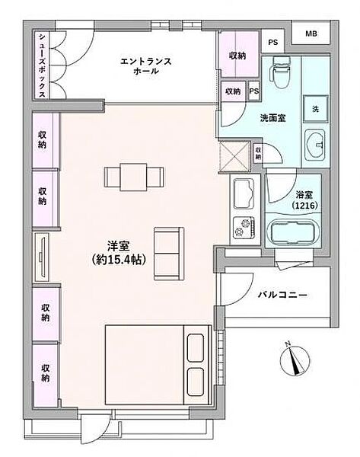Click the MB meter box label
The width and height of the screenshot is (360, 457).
(312, 34)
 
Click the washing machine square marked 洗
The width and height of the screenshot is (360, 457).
(314, 108)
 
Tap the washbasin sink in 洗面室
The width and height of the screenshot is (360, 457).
(315, 142)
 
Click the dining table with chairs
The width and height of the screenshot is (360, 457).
(134, 177)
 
